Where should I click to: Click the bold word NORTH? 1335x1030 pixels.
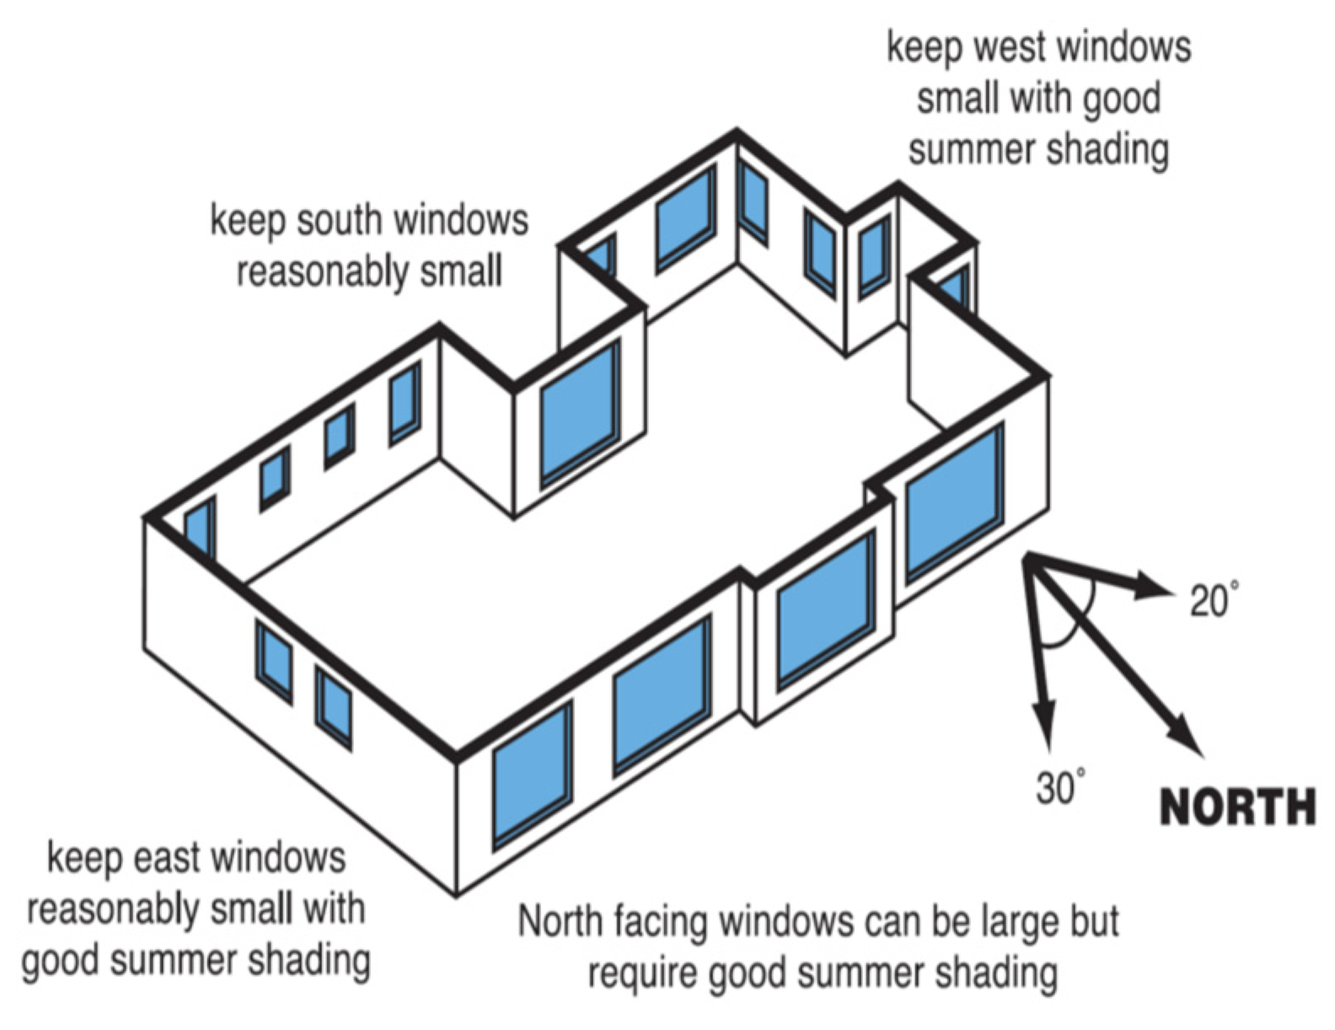click(1237, 807)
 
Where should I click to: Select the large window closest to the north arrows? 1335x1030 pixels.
click(954, 503)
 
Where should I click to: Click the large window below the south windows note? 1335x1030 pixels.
click(580, 413)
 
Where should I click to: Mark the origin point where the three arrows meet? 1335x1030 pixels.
click(1027, 557)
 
